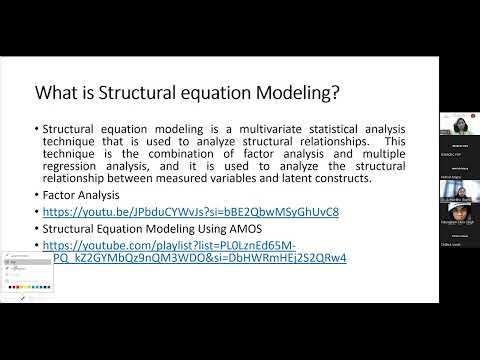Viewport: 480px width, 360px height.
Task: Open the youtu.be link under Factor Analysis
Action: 191,212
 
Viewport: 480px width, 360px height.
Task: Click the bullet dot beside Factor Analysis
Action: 36,195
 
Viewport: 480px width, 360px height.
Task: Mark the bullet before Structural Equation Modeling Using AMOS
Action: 36,228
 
